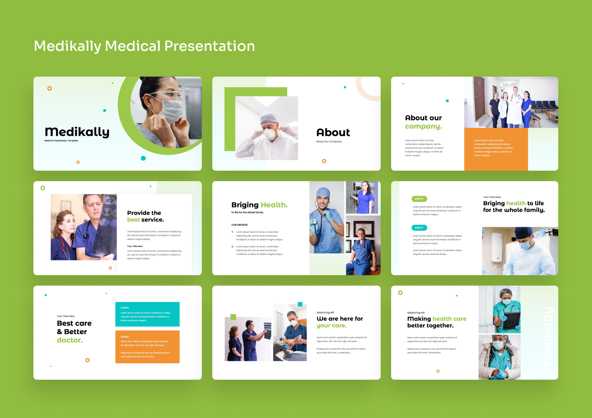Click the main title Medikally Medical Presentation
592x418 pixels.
point(144,46)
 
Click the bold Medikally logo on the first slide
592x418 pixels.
point(77,132)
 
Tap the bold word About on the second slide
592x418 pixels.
point(333,133)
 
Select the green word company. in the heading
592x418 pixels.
point(423,126)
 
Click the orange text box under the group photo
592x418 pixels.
point(496,149)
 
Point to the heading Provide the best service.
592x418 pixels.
point(145,216)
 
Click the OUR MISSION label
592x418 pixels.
point(239,225)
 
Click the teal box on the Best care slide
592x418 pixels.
point(147,314)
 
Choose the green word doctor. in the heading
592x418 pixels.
point(70,340)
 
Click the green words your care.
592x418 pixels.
point(332,326)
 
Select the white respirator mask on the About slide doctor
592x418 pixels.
point(270,134)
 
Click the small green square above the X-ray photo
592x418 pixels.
point(233,317)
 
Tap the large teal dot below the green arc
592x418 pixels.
point(143,158)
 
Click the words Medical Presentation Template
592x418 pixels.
point(61,141)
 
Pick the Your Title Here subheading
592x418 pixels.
point(135,246)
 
